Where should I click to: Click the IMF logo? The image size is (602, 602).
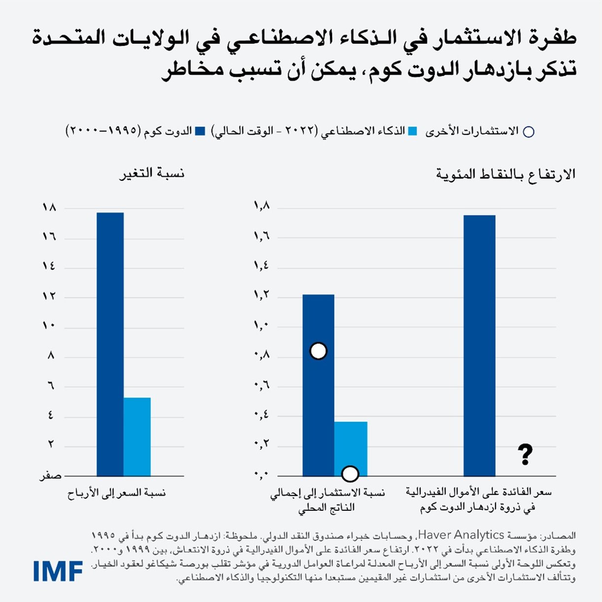58,570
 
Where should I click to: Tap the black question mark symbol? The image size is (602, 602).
525,455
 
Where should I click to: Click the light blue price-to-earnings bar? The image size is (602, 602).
137,436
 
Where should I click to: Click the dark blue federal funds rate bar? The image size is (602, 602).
479,345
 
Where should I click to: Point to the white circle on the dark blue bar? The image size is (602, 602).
318,351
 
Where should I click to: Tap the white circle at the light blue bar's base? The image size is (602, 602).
350,474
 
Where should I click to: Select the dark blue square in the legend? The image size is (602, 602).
200,132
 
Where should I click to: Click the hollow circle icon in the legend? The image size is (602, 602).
528,132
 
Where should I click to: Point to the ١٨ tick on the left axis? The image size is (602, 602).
49,208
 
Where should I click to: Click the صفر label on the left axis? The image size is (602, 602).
51,476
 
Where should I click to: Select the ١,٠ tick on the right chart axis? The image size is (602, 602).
261,326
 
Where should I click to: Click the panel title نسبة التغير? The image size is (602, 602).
152,174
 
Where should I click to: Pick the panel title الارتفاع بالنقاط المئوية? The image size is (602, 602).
505,174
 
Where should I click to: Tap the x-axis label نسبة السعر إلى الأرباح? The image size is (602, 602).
117,493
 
